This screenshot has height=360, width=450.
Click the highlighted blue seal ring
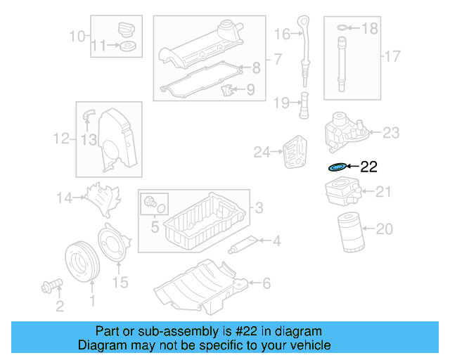337,167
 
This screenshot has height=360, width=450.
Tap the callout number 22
369,167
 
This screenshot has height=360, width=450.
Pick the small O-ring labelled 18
342,28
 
